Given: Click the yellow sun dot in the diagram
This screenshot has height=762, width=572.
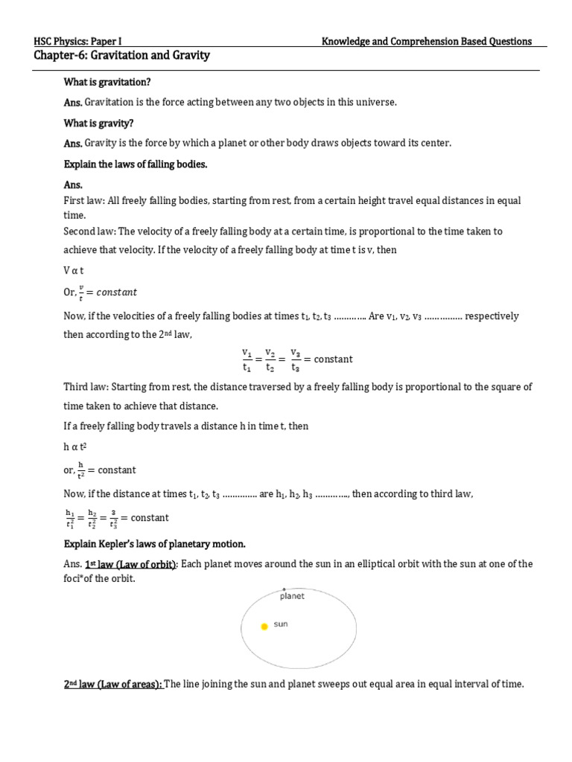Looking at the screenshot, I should click(x=264, y=627).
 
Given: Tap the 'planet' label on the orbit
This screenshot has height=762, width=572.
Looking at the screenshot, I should click(x=292, y=596).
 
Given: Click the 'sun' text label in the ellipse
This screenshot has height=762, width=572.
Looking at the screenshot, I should click(x=281, y=624).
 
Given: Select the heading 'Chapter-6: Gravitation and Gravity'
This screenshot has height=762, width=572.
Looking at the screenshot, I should click(x=122, y=56).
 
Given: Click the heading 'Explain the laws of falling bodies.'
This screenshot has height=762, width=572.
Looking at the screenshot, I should click(x=135, y=164).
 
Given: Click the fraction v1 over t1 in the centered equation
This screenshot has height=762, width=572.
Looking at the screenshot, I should click(x=247, y=359).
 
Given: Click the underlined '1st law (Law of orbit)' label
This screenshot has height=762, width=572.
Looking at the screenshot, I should click(x=130, y=564).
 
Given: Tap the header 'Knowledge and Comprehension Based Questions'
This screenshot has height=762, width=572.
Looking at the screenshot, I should click(x=426, y=42).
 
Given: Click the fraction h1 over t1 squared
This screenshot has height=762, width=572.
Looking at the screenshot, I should click(x=70, y=518).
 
